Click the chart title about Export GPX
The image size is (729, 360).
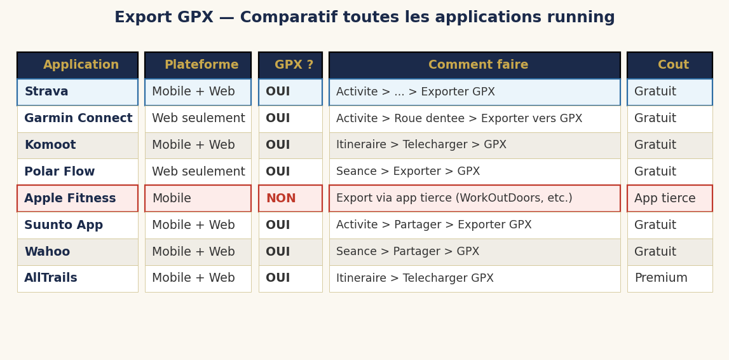[364, 18]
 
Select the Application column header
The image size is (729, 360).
[78, 66]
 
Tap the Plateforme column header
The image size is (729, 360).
[198, 66]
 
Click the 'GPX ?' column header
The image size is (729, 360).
[290, 66]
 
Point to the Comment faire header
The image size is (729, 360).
[475, 66]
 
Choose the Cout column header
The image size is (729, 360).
[670, 66]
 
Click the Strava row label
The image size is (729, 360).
[78, 92]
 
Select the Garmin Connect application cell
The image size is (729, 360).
[78, 119]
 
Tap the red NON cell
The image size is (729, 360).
[290, 198]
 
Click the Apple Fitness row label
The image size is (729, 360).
[78, 198]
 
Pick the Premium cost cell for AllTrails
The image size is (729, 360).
[670, 279]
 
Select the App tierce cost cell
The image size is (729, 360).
[670, 198]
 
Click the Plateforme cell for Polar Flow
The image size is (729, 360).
[198, 172]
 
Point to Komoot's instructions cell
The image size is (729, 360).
[475, 145]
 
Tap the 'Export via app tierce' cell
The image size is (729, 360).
[475, 198]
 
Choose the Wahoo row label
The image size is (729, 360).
[78, 252]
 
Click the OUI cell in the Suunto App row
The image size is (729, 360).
[290, 225]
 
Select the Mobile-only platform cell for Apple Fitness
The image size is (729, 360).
[198, 198]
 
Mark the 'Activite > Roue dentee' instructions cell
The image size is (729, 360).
[475, 119]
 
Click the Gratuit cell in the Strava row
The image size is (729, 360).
[670, 92]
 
